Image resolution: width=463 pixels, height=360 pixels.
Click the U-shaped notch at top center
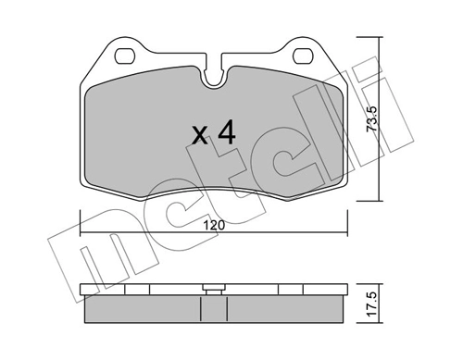(x=214, y=78)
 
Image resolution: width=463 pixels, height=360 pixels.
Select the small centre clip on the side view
(x=214, y=288)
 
